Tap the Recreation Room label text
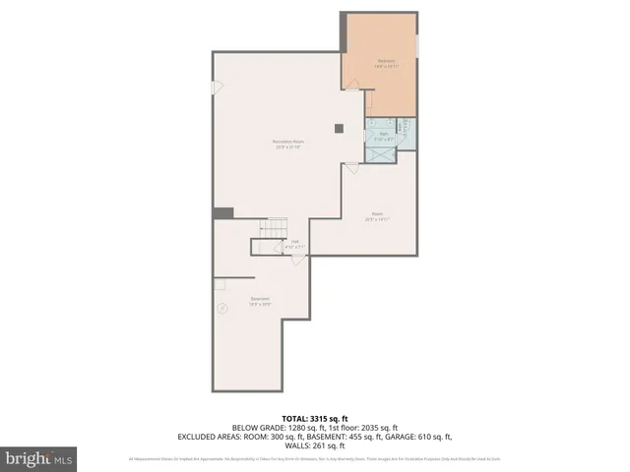[x=287, y=146]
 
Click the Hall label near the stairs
[x=294, y=243]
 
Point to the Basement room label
[x=260, y=301]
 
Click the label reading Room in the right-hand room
[x=377, y=216]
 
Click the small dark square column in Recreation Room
[x=340, y=126]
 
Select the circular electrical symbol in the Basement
[x=222, y=308]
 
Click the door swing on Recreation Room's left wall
[x=218, y=88]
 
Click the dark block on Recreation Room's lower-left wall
[x=223, y=212]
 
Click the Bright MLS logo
[x=39, y=458]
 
